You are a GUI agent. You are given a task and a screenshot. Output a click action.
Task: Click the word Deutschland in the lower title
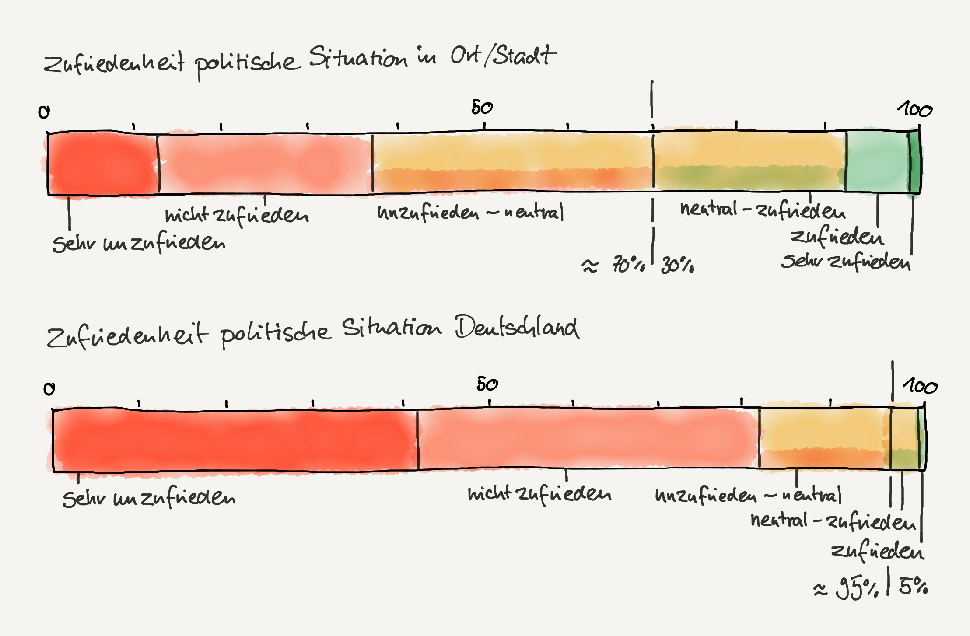(517, 328)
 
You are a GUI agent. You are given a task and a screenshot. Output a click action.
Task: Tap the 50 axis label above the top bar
(482, 108)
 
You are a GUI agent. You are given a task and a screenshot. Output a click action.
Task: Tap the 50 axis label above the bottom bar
(487, 384)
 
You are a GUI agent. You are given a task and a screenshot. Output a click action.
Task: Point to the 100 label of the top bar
(915, 109)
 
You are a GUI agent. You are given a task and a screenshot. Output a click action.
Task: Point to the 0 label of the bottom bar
(49, 389)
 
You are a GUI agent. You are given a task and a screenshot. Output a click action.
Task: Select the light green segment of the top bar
(876, 161)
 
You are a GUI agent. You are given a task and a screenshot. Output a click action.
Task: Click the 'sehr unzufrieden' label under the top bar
(139, 243)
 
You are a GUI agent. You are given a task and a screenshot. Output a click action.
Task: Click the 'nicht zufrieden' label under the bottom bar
(539, 494)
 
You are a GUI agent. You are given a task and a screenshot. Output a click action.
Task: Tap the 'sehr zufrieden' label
(846, 262)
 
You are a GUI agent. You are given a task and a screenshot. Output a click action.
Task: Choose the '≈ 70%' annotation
(613, 265)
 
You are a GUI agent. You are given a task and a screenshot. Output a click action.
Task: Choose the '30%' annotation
(677, 265)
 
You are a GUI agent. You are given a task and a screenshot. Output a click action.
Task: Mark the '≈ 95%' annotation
(845, 588)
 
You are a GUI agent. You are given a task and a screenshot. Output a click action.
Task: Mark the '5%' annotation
(913, 586)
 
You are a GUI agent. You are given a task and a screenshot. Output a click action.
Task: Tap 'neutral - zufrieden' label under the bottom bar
(833, 521)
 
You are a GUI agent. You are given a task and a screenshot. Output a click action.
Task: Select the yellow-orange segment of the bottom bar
(824, 439)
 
